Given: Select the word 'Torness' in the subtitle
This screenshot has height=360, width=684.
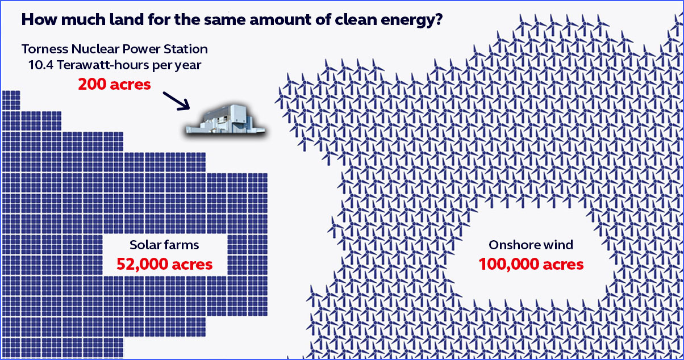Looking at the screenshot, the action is tap(44, 49).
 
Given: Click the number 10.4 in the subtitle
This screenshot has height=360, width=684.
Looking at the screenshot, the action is tap(41, 65).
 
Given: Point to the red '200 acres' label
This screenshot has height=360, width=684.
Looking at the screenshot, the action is tap(115, 84).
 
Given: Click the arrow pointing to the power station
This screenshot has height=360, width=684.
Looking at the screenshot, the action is tap(177, 101).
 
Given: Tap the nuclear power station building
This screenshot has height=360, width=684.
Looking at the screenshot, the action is tap(226, 120).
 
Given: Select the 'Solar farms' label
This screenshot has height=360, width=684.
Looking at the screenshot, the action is tap(164, 245).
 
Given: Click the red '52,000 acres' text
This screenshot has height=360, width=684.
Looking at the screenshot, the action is tap(164, 264).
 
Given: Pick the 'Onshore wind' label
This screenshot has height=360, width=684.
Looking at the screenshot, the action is tap(531, 245).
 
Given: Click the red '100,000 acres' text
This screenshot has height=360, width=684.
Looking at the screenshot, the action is tap(531, 264).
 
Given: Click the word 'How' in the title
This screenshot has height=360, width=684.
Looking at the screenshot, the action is tap(39, 19).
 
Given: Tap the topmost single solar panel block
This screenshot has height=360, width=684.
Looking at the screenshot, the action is tap(11, 101).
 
